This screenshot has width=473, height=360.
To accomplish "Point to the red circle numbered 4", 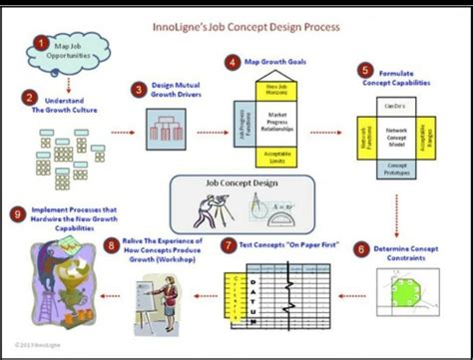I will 233,62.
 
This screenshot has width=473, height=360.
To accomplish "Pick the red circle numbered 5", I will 365,71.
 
